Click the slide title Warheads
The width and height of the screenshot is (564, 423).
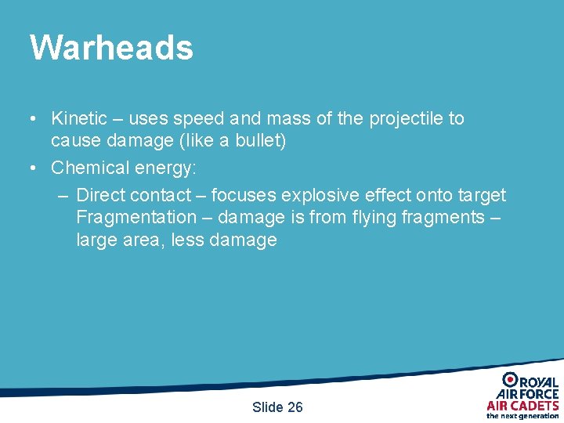pos(111,47)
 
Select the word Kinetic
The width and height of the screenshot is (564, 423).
pos(78,119)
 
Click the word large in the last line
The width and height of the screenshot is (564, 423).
pos(96,240)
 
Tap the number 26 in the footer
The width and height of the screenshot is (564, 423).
pos(295,407)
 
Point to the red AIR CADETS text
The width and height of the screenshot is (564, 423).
pos(522,406)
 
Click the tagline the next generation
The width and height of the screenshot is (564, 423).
pos(522,416)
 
